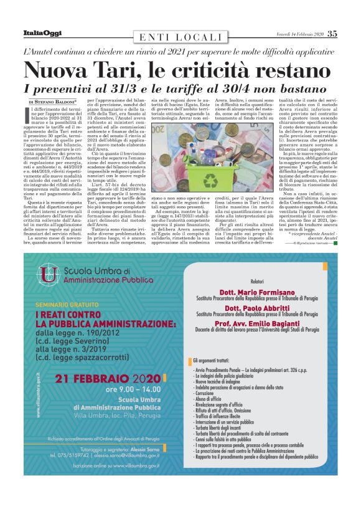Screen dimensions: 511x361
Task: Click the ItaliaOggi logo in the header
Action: coord(42,32)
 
